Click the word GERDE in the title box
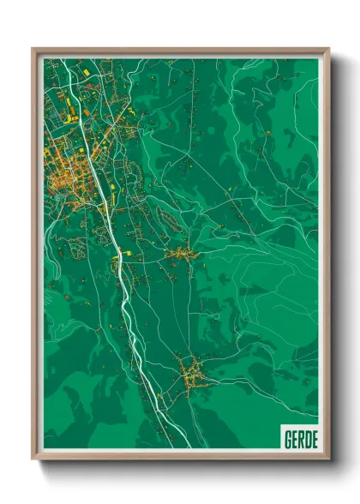pos(300,440)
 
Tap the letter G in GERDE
pos(288,440)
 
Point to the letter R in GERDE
pos(301,440)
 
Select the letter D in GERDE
pos(307,440)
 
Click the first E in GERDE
pos(295,440)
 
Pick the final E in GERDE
pos(314,440)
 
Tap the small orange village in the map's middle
pos(181,254)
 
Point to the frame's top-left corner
pos(33,49)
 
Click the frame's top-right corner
pos(328,49)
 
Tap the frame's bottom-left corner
pos(33,459)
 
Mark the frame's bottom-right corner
pos(328,459)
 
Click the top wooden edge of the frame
pos(180,50)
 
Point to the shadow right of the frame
pos(335,257)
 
